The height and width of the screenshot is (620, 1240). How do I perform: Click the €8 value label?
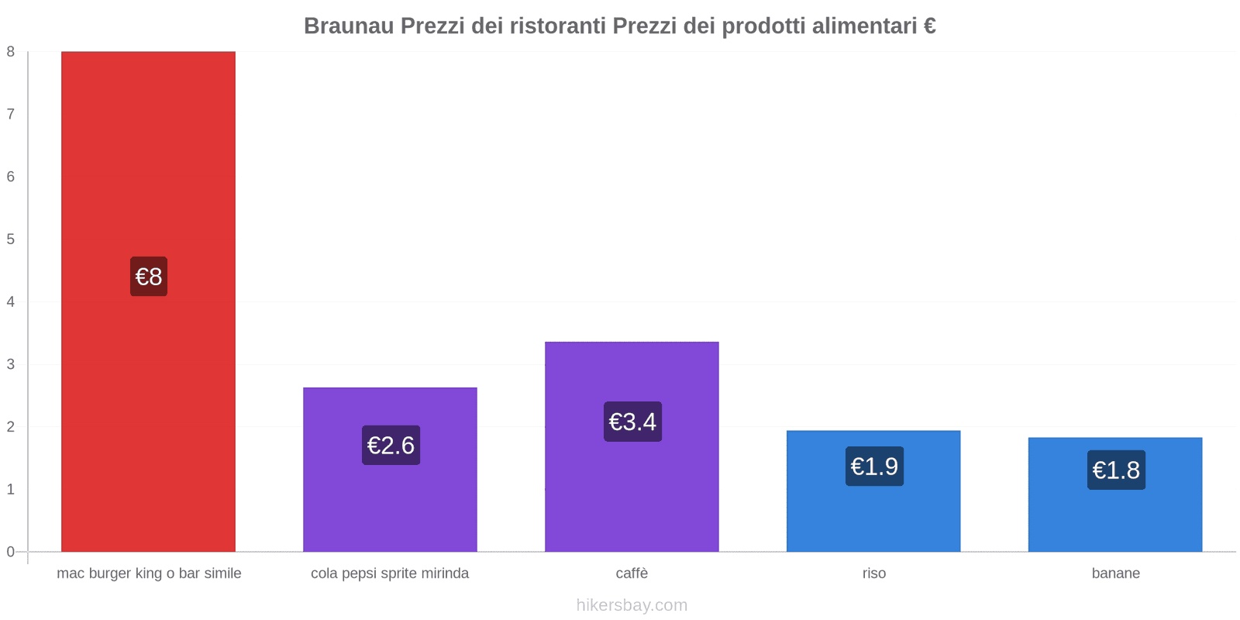[148, 277]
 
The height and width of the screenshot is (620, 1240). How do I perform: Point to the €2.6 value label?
[391, 446]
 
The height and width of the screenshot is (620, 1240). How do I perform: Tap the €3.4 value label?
[632, 422]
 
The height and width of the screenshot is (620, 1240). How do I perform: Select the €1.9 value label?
[874, 467]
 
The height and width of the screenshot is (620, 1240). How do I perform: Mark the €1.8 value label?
[1116, 470]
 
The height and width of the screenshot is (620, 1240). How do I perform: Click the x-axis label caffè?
[632, 573]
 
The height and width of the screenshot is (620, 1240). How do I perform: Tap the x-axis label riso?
[873, 573]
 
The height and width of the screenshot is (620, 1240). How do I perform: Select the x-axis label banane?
[1115, 573]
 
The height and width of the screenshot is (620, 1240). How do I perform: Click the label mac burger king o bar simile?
[149, 573]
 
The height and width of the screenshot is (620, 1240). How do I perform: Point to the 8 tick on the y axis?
[11, 52]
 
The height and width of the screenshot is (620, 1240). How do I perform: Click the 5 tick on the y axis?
[11, 239]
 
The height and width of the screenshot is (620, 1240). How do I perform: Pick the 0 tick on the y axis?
[11, 552]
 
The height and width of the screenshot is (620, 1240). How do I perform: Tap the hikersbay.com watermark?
[632, 605]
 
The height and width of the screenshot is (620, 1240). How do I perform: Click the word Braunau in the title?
[348, 26]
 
